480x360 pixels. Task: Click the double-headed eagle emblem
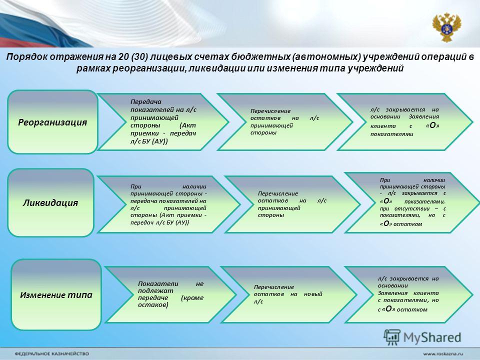[446, 27]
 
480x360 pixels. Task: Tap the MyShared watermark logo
[422, 337]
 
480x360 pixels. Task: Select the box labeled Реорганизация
[52, 122]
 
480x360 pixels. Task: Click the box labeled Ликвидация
[50, 202]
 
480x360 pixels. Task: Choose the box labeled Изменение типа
[56, 295]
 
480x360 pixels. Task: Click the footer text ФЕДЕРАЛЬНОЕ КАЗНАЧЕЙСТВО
[51, 353]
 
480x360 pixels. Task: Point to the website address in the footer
[443, 353]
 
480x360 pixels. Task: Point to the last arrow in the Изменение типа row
[408, 294]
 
